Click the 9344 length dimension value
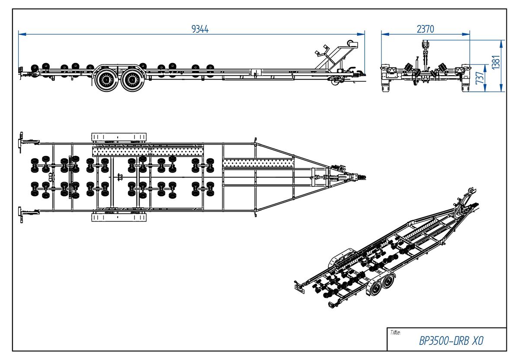pyautogui.click(x=200, y=29)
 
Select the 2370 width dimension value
pyautogui.click(x=426, y=29)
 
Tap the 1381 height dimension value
pyautogui.click(x=496, y=62)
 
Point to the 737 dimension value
pyautogui.click(x=480, y=77)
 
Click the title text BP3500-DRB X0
pyautogui.click(x=452, y=341)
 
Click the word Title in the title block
pyautogui.click(x=395, y=332)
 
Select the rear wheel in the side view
pyautogui.click(x=106, y=80)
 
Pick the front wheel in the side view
pyautogui.click(x=132, y=80)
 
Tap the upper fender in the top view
pyautogui.click(x=119, y=137)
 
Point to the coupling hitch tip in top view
pyautogui.click(x=364, y=177)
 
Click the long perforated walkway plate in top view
pyautogui.click(x=148, y=151)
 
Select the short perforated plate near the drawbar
pyautogui.click(x=258, y=163)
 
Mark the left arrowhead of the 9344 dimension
pyautogui.click(x=22, y=34)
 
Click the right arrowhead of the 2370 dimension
pyautogui.click(x=466, y=34)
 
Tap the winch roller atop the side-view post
pyautogui.click(x=350, y=43)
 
